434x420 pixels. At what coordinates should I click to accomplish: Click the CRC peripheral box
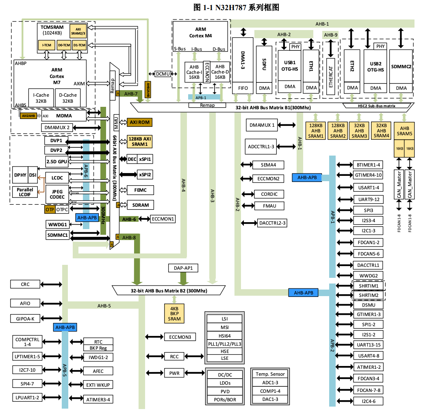click(25, 284)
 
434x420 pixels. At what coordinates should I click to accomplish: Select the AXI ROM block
click(139, 122)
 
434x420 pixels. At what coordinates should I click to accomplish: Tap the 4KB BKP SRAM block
click(174, 313)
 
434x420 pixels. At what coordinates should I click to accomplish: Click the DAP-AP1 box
click(183, 268)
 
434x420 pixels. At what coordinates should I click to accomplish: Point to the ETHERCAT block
click(331, 76)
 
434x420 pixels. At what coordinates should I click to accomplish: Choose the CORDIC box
click(269, 194)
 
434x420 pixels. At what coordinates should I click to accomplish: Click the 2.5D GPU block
click(56, 161)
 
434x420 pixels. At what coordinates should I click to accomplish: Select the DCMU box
click(163, 74)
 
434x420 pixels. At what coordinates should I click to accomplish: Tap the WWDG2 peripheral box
click(368, 276)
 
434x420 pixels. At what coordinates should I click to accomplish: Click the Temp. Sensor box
click(271, 374)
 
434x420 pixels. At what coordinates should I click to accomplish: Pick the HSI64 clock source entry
click(225, 336)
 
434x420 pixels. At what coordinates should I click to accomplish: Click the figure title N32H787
click(238, 7)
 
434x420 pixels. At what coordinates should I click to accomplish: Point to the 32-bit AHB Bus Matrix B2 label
click(169, 291)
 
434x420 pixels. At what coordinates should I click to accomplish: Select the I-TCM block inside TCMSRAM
click(46, 45)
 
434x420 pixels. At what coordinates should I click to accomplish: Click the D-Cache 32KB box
click(68, 98)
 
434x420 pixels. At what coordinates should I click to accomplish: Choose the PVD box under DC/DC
click(225, 391)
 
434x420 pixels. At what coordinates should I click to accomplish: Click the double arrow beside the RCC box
click(154, 356)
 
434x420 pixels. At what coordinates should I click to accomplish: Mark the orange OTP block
click(50, 210)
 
